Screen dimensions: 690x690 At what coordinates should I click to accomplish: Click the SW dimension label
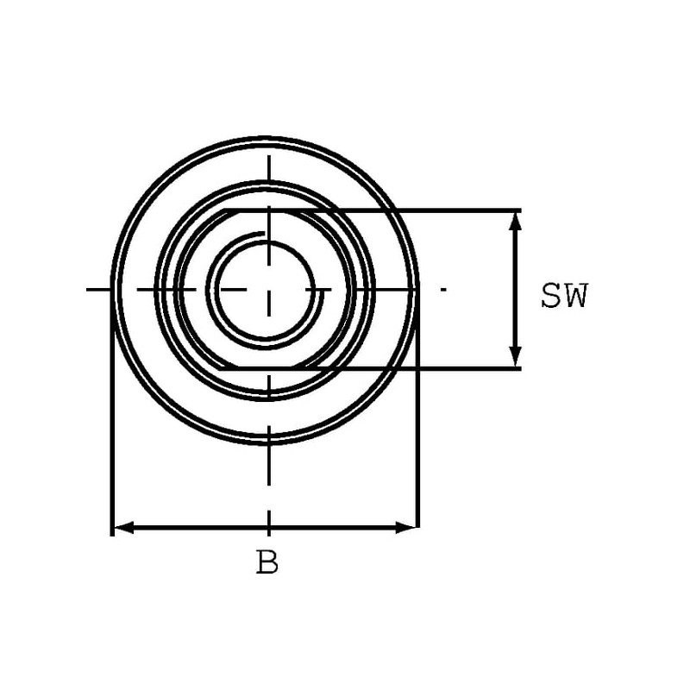(x=564, y=296)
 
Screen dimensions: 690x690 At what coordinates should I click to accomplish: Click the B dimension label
(x=267, y=562)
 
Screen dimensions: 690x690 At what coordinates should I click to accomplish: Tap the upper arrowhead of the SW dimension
(x=515, y=221)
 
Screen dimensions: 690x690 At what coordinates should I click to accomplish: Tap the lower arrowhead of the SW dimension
(x=515, y=357)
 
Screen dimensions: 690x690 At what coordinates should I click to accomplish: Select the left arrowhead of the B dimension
(x=123, y=527)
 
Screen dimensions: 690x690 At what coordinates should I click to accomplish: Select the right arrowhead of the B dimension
(x=405, y=527)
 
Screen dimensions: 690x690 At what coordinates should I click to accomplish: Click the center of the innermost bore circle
(x=266, y=290)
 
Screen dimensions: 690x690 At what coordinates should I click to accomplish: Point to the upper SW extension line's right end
(x=521, y=210)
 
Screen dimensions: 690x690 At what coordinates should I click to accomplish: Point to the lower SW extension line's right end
(x=521, y=368)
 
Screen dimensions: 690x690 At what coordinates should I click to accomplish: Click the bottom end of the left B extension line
(x=112, y=535)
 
